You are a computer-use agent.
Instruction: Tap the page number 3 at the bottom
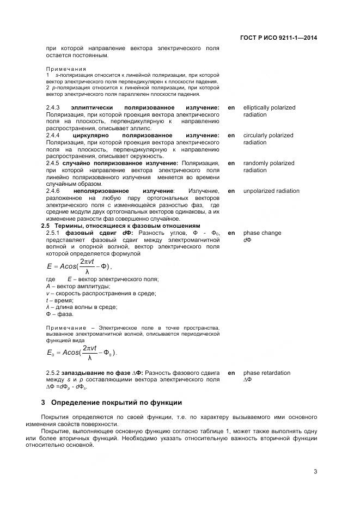315,472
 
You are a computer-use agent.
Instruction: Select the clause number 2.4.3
53,108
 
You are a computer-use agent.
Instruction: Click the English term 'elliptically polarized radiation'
269,111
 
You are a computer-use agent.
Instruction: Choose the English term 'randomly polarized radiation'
269,167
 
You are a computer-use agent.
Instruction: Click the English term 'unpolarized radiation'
271,191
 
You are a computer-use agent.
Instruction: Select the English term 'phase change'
262,233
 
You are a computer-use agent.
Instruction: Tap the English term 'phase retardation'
266,373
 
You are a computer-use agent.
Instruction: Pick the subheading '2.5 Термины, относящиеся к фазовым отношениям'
121,226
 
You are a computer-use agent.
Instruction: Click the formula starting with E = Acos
80,266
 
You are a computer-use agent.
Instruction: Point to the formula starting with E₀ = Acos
82,353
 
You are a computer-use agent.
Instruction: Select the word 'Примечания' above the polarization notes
66,69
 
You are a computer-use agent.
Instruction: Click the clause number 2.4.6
53,191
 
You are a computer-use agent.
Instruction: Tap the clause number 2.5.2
53,373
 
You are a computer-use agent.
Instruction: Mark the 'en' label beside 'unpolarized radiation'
231,191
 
